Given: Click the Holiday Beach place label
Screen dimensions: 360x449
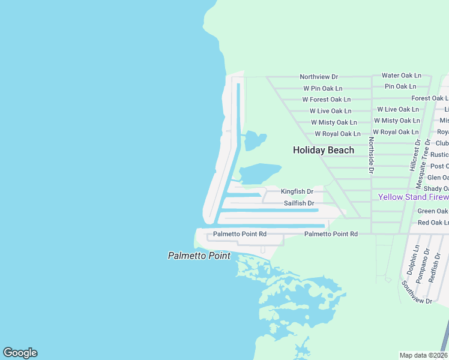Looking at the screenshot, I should point(324,150).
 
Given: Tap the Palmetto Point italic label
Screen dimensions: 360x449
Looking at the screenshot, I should point(199,256).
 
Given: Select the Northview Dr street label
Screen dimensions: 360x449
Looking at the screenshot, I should point(319,77).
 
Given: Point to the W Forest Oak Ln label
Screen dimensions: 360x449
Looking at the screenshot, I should point(326,100).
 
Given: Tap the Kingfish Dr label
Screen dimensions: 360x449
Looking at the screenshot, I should point(297,191).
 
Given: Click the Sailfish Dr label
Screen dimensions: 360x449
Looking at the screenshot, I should point(299,203).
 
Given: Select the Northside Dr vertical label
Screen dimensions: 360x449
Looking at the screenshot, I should point(372,155).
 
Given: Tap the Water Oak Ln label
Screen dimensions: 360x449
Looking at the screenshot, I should point(402,76).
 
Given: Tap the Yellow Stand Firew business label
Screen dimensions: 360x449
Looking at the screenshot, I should point(413,197).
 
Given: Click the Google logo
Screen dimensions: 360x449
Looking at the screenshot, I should point(20,353).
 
